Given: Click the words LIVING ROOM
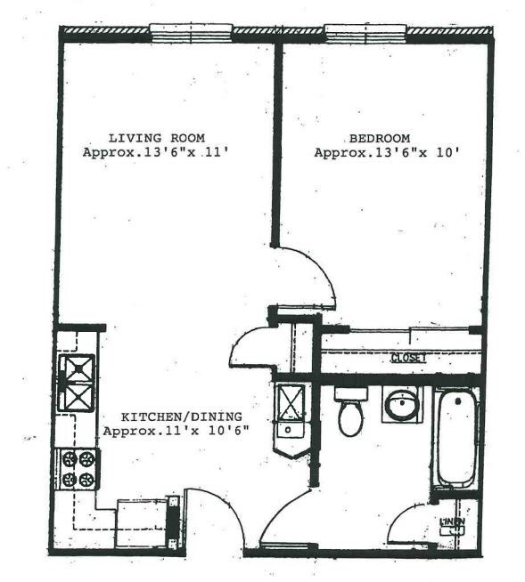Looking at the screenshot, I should (x=156, y=138).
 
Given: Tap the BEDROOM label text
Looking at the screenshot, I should (x=379, y=138).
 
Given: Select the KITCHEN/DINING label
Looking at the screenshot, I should (x=182, y=416).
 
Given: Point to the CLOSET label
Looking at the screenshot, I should (x=408, y=358).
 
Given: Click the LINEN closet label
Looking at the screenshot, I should (x=452, y=521).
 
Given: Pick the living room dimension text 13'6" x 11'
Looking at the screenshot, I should (x=156, y=152).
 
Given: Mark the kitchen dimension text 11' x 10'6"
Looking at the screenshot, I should (x=176, y=431).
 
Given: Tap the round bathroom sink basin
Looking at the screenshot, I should (x=401, y=407).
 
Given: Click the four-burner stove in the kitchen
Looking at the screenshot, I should (x=77, y=468).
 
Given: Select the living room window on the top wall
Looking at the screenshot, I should (x=191, y=33).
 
